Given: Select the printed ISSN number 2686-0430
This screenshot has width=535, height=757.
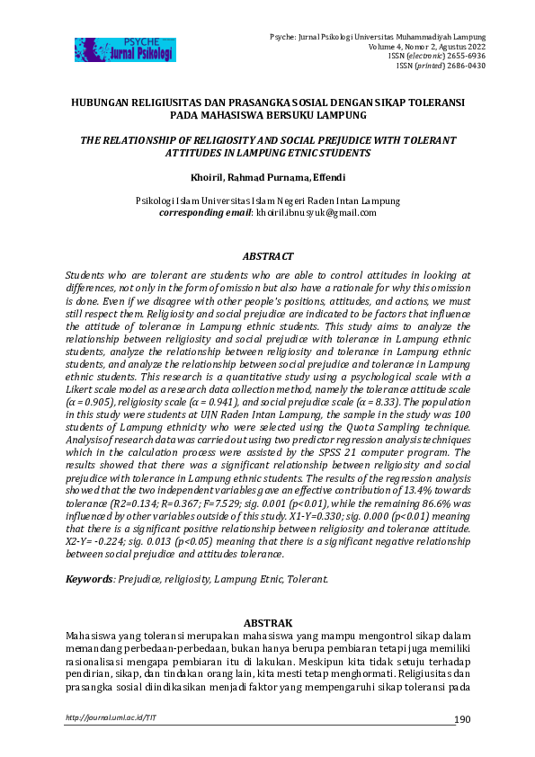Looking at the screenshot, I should click(x=477, y=66).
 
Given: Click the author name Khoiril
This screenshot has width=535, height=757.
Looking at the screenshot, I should click(x=208, y=178).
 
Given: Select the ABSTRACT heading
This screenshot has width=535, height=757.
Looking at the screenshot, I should click(x=267, y=254).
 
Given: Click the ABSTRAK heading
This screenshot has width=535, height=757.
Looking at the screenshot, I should click(x=267, y=622).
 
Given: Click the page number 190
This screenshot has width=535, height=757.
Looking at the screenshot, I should click(x=462, y=719).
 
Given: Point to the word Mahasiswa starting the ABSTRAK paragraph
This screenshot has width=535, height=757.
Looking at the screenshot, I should click(x=94, y=636).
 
